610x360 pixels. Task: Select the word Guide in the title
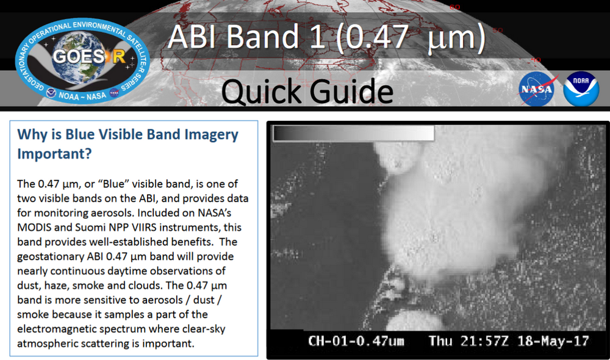coord(350,92)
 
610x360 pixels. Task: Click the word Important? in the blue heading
coord(54,154)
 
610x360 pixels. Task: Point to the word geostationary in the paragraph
coord(49,256)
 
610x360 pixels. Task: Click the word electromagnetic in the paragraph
coord(59,329)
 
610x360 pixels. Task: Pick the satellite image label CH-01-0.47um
coord(356,340)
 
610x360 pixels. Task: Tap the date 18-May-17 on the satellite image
coord(553,340)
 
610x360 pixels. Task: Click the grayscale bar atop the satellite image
coord(353,133)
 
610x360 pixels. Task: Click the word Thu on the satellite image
coord(440,340)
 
